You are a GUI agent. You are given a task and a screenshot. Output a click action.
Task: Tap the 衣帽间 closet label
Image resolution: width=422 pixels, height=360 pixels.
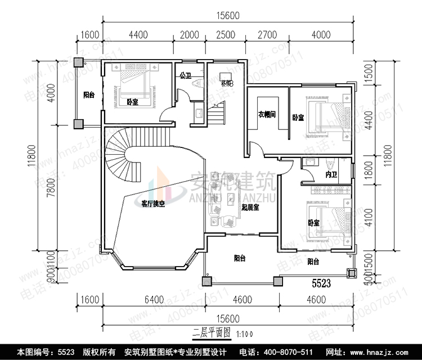point(267,114)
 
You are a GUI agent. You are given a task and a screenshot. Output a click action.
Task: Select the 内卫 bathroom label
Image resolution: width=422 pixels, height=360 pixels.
point(331,175)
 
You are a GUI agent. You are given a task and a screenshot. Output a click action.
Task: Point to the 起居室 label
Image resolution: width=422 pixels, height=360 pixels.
point(249,208)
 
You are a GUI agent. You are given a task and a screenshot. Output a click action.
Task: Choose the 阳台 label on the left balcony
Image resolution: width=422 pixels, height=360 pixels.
point(89,94)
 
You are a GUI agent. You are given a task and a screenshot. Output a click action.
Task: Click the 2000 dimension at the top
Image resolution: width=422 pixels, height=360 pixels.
point(190,35)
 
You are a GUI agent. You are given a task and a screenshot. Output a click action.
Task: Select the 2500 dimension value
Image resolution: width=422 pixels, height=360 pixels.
point(225,35)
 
